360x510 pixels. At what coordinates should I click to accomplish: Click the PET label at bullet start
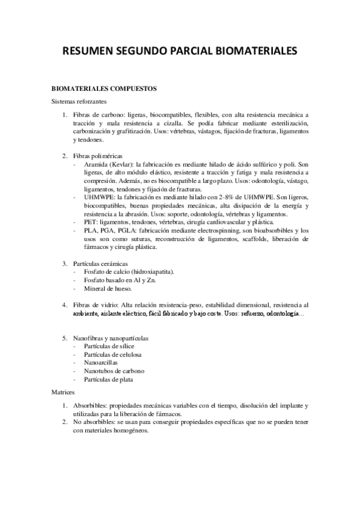click(x=90, y=223)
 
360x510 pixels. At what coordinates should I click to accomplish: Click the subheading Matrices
click(x=63, y=392)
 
